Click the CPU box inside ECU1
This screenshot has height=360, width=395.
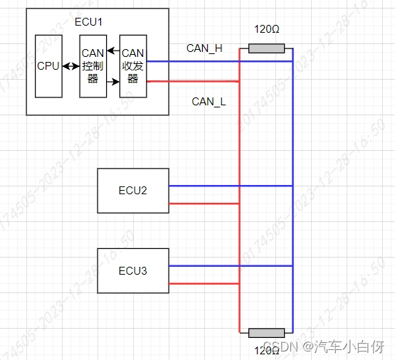pos(48,66)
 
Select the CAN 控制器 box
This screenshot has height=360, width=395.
pos(93,66)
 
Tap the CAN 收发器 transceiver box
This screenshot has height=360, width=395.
pos(133,66)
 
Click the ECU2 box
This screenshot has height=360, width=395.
pos(133,191)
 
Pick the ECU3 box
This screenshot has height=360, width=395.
pos(133,270)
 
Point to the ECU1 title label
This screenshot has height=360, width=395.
pos(89,22)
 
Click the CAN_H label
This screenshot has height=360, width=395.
pos(204,48)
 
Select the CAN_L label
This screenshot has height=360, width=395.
pos(209,102)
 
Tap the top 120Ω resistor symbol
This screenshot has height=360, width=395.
pos(266,48)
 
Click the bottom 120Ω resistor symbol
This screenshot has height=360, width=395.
pos(266,333)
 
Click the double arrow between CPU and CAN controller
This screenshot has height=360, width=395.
pos(71,66)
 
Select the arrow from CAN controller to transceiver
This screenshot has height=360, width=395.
pos(112,81)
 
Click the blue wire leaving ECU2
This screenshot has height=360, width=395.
pos(206,186)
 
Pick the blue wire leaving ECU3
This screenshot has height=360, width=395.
pos(206,265)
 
